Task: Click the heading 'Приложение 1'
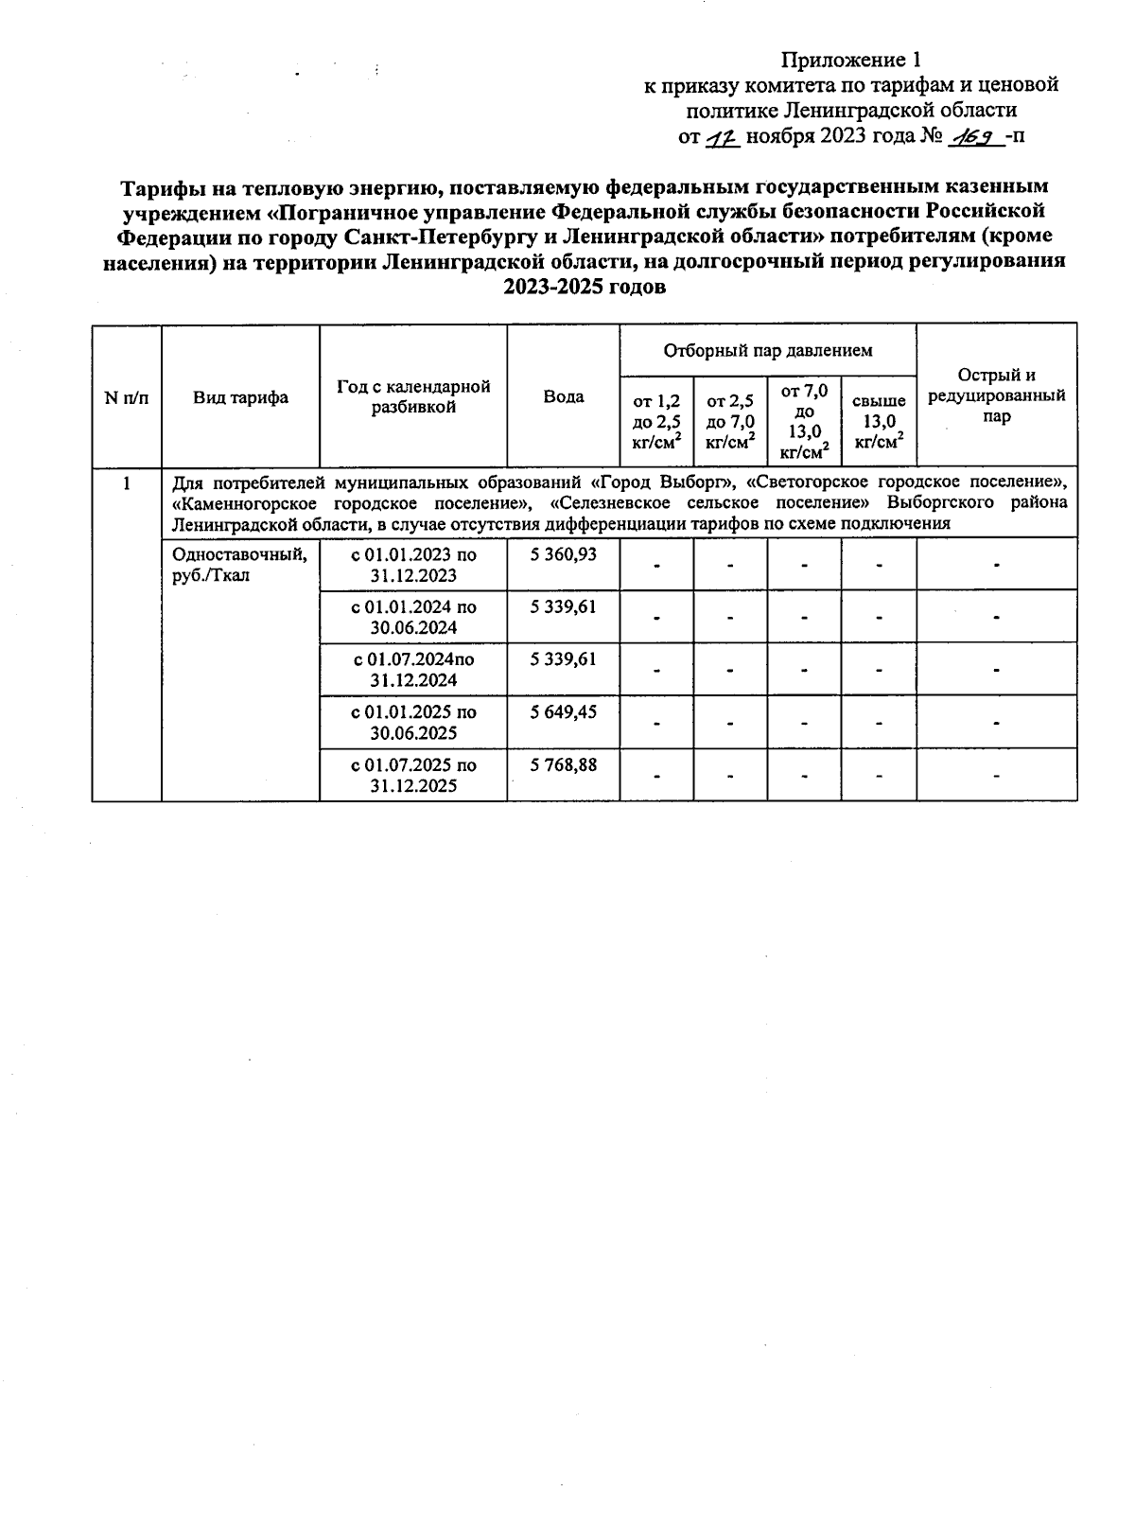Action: point(849,61)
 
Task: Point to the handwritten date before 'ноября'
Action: point(723,137)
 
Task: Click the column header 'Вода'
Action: point(563,397)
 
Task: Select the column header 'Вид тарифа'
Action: point(240,397)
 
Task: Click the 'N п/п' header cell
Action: point(126,397)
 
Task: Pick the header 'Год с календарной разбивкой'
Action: point(413,397)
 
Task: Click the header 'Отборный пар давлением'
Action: point(767,351)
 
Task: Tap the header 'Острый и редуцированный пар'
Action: point(996,396)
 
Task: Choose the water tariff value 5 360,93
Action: point(563,554)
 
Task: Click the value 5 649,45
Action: point(563,711)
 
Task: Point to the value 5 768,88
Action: point(563,764)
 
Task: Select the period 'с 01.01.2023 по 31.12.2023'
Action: point(413,565)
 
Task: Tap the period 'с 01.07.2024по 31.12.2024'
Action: point(413,670)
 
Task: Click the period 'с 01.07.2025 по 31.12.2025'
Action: point(413,775)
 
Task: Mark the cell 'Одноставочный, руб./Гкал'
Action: point(239,565)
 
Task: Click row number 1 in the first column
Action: point(126,483)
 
